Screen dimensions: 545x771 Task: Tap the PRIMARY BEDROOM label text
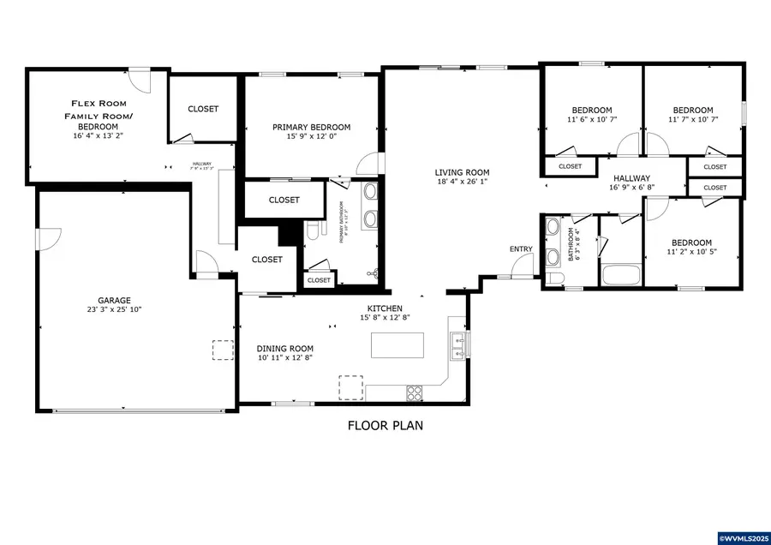click(x=311, y=128)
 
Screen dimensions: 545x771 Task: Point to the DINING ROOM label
click(x=285, y=349)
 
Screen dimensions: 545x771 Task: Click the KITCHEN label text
click(x=385, y=308)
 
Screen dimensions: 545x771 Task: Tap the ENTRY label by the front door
click(x=521, y=249)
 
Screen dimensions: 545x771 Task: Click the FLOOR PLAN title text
click(x=385, y=425)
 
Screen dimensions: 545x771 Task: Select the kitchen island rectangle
click(x=397, y=345)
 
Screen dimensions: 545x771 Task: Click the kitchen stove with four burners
click(x=415, y=393)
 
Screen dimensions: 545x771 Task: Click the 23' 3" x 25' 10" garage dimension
click(x=113, y=309)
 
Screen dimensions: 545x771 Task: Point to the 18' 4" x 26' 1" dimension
click(x=462, y=181)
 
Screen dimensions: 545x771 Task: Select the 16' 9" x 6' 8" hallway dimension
click(x=631, y=187)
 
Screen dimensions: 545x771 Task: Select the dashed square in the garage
click(x=224, y=350)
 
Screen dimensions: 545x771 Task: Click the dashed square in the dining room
click(x=350, y=387)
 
